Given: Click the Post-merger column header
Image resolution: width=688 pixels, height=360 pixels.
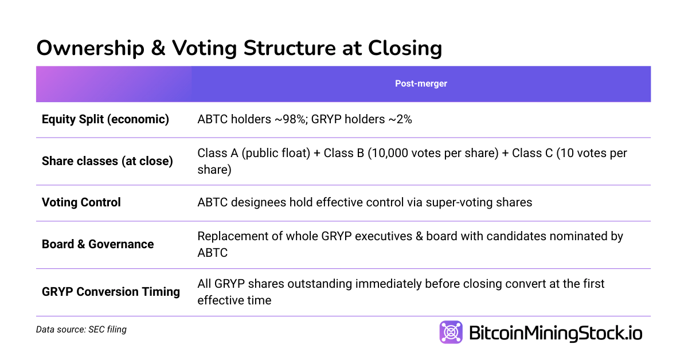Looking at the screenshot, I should coord(421,84).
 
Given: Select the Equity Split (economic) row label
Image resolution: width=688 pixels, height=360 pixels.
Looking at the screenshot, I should coord(105,120).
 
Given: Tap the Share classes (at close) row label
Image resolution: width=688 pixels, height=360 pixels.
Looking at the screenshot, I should coord(107,161).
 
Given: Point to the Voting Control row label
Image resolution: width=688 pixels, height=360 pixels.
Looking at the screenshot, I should coord(81,202).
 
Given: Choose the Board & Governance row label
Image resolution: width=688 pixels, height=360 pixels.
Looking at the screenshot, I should coord(97,244).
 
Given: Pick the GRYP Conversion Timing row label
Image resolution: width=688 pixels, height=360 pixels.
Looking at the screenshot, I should coord(111,292).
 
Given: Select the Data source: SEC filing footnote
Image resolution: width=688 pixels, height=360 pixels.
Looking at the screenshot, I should coord(81,330).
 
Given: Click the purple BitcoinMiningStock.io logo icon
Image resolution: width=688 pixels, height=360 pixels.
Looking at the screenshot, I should coord(451,332).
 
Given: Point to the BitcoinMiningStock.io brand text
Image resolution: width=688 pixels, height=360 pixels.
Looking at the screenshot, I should coord(556,333).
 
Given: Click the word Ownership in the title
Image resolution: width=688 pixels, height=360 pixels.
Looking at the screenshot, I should coord(90,48).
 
